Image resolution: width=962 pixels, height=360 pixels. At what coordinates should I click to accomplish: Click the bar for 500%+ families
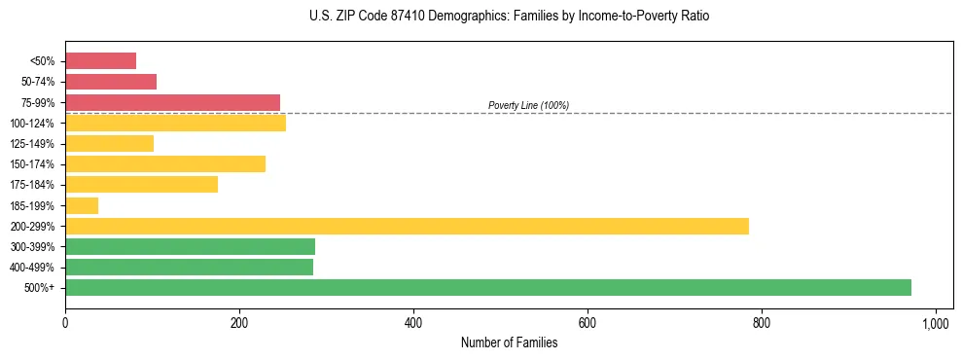click(488, 287)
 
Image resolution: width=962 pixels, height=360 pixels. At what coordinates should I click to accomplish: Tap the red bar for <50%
click(100, 61)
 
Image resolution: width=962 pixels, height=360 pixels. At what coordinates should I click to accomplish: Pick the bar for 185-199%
click(82, 205)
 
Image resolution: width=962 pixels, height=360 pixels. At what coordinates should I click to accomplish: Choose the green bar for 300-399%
click(190, 246)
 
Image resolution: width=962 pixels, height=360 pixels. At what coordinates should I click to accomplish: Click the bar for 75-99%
click(172, 102)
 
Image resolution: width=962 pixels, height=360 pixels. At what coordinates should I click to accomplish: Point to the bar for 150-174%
click(165, 163)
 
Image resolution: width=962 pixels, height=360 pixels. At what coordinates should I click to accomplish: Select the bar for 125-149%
click(109, 143)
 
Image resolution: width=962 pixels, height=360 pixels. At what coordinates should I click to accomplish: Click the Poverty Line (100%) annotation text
click(528, 105)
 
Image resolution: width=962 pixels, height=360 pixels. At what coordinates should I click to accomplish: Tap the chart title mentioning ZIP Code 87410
click(510, 17)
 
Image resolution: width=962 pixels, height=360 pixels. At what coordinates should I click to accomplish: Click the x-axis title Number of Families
click(509, 342)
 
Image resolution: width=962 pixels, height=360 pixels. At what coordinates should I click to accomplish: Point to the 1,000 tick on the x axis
click(936, 322)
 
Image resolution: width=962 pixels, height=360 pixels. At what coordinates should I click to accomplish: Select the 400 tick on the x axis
click(413, 322)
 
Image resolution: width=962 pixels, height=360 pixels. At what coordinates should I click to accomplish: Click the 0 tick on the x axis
click(65, 322)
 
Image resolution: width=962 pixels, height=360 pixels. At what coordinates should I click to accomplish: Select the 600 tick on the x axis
click(588, 322)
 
